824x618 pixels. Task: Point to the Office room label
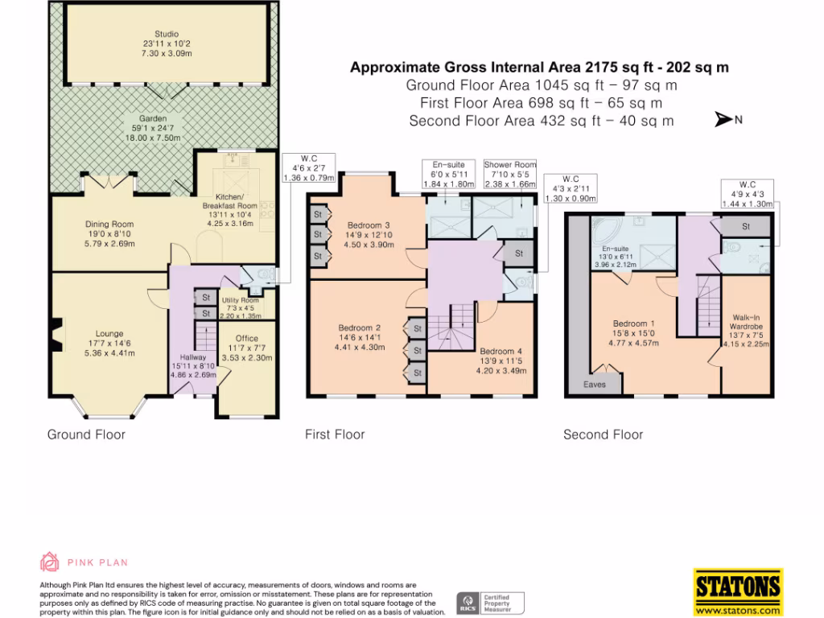pos(247,339)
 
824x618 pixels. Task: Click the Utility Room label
pos(237,300)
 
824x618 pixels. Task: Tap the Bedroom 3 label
pos(369,225)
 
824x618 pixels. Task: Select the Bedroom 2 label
pos(359,328)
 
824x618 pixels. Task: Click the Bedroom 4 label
pos(500,352)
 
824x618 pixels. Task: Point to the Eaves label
pos(595,385)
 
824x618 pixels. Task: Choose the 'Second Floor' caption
pos(603,435)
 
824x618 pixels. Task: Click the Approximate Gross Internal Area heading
pos(539,68)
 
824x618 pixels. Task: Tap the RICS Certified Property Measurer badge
pos(491,601)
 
